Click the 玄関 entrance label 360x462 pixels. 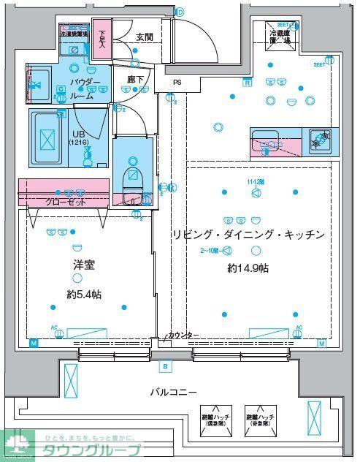pyautogui.click(x=144, y=37)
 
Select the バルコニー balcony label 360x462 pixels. pyautogui.click(x=173, y=393)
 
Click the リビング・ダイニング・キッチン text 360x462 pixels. pyautogui.click(x=248, y=235)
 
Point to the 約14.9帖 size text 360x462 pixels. pyautogui.click(x=248, y=268)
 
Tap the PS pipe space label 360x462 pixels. pyautogui.click(x=177, y=83)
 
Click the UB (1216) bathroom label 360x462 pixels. pyautogui.click(x=78, y=137)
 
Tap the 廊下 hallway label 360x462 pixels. pyautogui.click(x=135, y=80)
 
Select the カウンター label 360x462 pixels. pyautogui.click(x=183, y=335)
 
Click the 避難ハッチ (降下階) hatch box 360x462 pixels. pyautogui.click(x=218, y=420)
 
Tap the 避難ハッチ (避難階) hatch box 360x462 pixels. pyautogui.click(x=261, y=420)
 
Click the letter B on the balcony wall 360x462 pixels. pyautogui.click(x=166, y=366)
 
